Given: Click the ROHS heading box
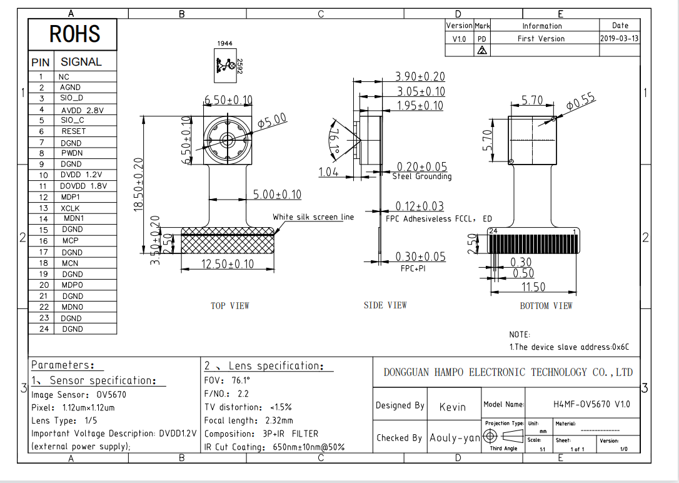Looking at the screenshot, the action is point(73,34).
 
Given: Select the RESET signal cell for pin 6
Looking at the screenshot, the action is point(73,131).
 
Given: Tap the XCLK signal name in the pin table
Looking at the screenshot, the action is point(70,208).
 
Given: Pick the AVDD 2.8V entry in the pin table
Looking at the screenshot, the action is point(83,111).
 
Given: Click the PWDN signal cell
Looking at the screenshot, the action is point(71,153).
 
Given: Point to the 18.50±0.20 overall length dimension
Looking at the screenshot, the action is point(138,185).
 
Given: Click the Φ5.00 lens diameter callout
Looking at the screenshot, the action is point(272,120).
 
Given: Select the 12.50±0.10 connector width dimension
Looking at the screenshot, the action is point(228,263).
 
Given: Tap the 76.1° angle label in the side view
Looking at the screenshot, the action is point(334,140).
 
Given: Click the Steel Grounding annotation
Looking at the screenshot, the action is point(422,176).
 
